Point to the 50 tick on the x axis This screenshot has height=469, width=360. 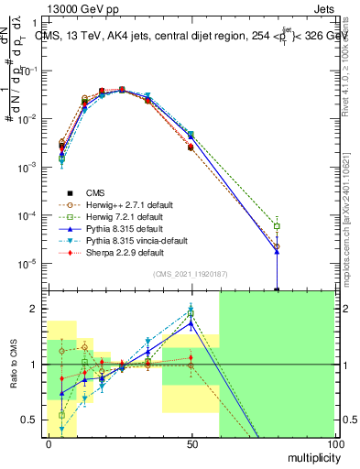click(x=191, y=443)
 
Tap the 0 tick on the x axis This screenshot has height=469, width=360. click(x=48, y=443)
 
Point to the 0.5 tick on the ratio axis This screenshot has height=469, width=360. click(x=29, y=420)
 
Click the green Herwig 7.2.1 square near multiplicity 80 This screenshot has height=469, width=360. click(x=277, y=226)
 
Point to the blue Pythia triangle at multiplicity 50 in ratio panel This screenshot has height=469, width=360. click(x=191, y=322)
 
